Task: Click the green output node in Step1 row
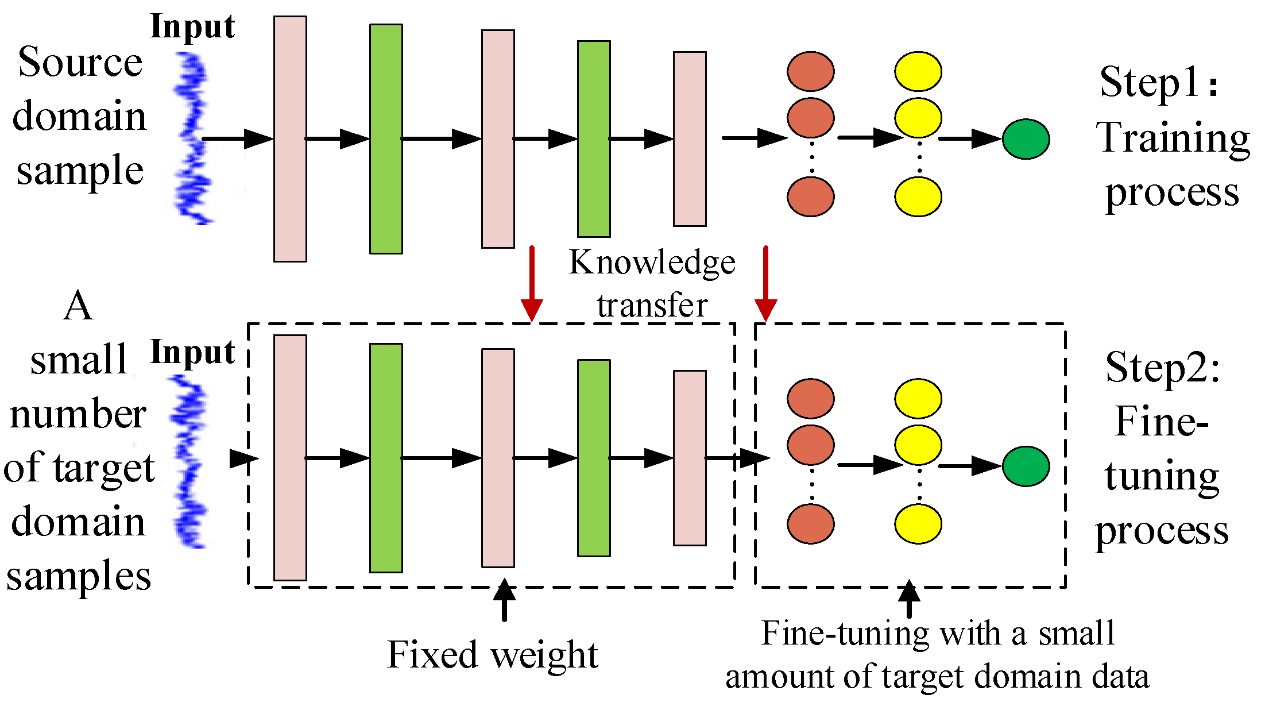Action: (x=1026, y=139)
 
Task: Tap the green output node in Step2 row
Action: (x=1026, y=466)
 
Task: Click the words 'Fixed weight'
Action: (x=493, y=654)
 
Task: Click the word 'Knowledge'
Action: (x=652, y=263)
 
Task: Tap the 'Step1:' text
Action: (x=1159, y=82)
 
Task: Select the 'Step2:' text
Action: (x=1163, y=368)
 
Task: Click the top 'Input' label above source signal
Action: (x=192, y=27)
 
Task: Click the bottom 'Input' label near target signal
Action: (x=192, y=352)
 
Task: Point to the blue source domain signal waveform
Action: (x=193, y=138)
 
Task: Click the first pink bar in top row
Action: (x=290, y=139)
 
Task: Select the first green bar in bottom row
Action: (x=386, y=458)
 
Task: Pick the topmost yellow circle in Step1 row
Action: (x=918, y=72)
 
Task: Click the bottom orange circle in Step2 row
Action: (x=810, y=523)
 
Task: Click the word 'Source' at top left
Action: (x=80, y=62)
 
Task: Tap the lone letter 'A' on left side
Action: (x=78, y=306)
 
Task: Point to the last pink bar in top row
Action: (x=690, y=139)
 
